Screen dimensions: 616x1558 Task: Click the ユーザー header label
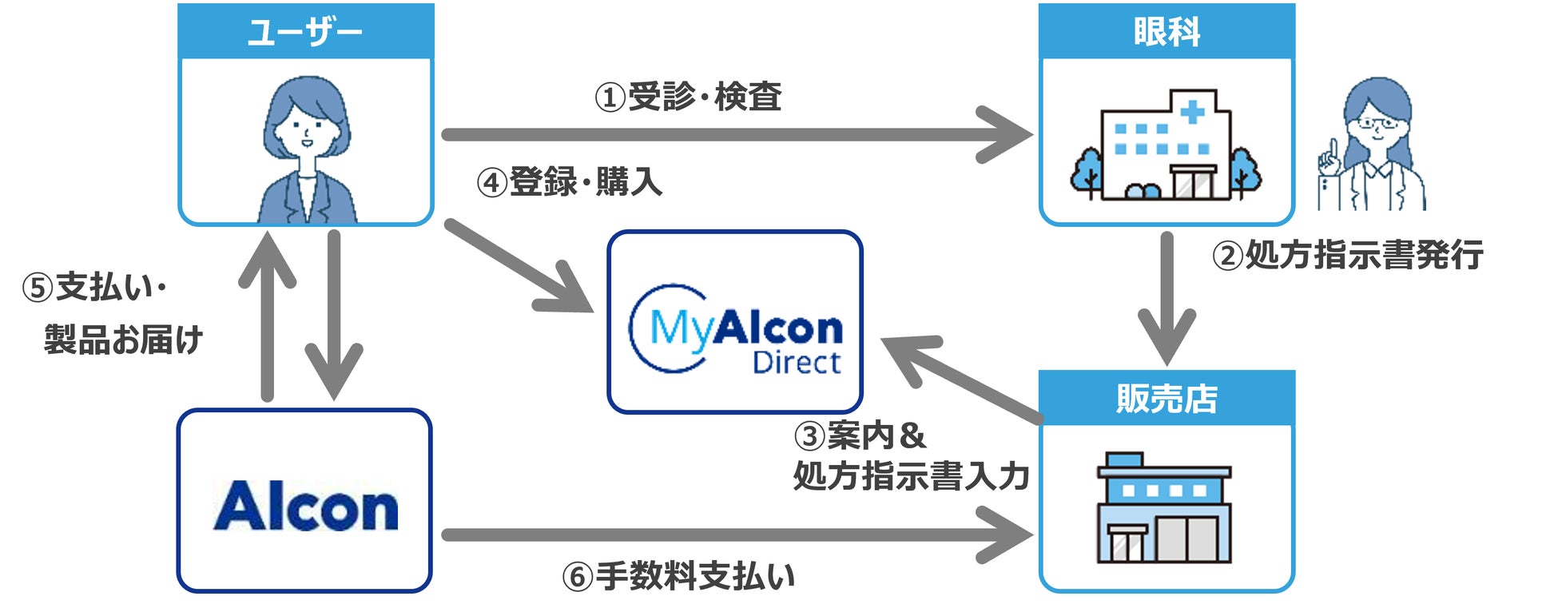click(305, 33)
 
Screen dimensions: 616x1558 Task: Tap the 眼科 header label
click(1166, 33)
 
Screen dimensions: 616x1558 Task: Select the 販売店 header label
click(1166, 399)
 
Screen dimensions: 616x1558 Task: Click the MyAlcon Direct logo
click(735, 329)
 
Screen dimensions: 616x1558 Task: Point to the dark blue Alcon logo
click(305, 507)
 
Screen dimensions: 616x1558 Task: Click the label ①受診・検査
click(688, 97)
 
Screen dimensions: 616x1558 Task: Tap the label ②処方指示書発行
click(1347, 256)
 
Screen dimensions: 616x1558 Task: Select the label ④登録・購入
click(570, 182)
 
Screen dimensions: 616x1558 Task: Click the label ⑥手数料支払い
click(678, 576)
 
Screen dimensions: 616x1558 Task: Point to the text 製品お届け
click(123, 340)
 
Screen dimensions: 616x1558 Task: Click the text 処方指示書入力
click(911, 476)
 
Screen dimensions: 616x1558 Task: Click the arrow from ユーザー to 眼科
click(735, 135)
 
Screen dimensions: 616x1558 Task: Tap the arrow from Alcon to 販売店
click(735, 535)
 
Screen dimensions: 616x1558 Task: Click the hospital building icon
click(1166, 148)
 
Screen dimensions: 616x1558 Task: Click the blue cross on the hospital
click(1192, 111)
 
